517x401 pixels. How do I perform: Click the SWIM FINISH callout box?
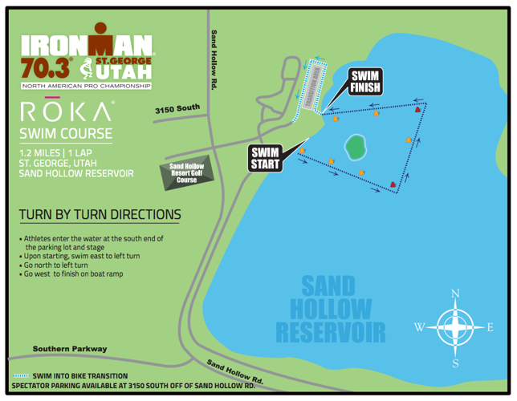click(364, 82)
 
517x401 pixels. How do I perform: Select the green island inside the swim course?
click(354, 147)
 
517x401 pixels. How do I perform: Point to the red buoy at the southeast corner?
click(393, 185)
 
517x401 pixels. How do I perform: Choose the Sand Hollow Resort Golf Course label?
click(186, 172)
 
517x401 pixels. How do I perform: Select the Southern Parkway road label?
click(69, 349)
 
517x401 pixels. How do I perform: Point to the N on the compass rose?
click(455, 294)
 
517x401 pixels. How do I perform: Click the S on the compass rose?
click(456, 363)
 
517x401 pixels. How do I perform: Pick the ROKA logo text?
click(66, 111)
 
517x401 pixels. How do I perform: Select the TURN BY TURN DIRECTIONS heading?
click(100, 215)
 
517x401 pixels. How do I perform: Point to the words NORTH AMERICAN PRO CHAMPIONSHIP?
click(86, 84)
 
